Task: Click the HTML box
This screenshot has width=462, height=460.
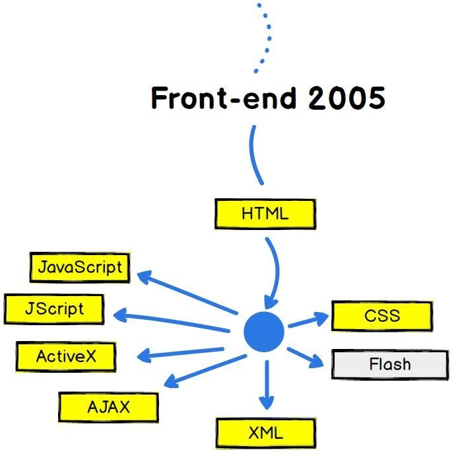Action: coord(265,214)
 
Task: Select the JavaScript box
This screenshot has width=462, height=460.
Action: coord(80,267)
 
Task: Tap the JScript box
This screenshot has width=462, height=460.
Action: coord(54,309)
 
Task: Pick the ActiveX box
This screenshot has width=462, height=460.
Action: coord(66,357)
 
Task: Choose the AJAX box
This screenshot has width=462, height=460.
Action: coord(109,407)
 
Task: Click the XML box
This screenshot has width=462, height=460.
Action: coord(265,434)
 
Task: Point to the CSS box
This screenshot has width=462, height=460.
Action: coord(382,315)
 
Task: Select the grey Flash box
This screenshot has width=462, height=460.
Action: coord(390,364)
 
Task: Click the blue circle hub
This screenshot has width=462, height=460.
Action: coord(264,332)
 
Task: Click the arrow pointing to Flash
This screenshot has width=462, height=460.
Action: coord(306,356)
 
